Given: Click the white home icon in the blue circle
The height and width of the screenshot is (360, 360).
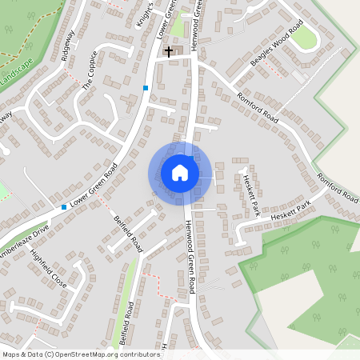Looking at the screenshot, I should [x=179, y=173].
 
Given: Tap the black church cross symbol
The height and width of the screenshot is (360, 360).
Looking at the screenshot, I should [x=169, y=52].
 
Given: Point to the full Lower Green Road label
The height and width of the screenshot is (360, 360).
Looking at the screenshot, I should [x=94, y=186].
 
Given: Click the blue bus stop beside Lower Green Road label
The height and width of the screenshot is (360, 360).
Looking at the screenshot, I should [x=64, y=207].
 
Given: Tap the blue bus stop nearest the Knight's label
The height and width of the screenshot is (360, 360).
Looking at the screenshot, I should [x=145, y=87].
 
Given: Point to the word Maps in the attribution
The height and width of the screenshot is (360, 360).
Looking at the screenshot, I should [x=11, y=354].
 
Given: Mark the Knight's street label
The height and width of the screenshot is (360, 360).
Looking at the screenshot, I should [x=144, y=16].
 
